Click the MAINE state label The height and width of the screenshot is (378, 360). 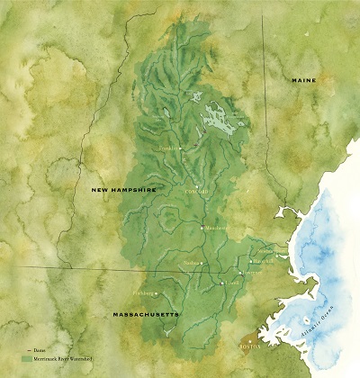point(304,81)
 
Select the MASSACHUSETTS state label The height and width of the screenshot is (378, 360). point(144,314)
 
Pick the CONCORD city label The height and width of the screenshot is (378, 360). point(196,192)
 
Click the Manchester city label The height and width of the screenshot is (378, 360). point(215,229)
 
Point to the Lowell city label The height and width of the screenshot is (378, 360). point(233,283)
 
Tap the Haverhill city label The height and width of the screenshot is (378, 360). point(263,260)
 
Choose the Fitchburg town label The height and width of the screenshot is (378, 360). point(144,292)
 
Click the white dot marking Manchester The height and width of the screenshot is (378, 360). point(202,228)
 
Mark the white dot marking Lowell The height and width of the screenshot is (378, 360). point(222,283)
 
